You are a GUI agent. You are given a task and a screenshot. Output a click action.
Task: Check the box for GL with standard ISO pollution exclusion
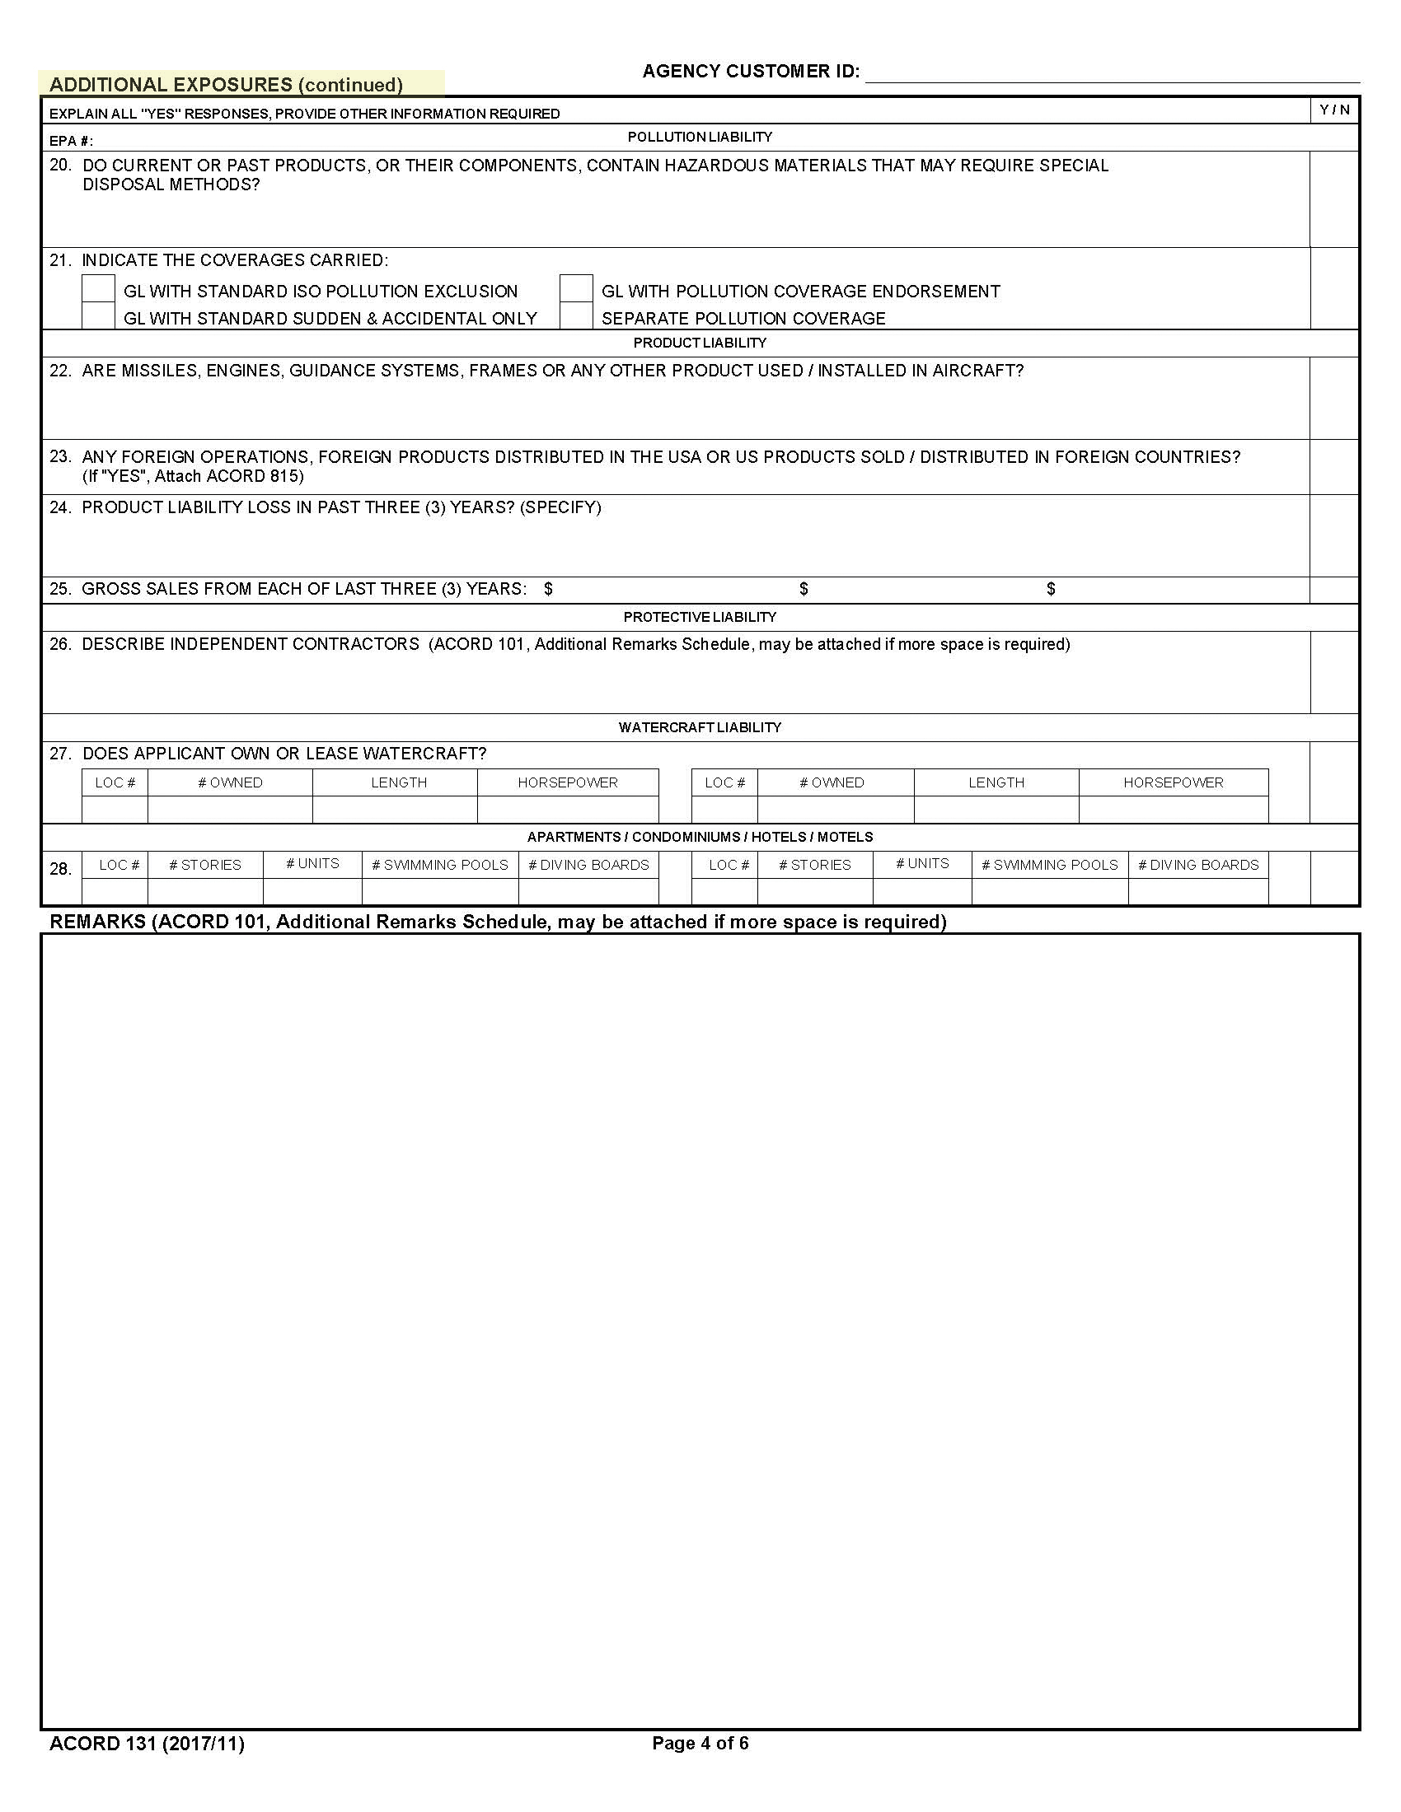coord(98,289)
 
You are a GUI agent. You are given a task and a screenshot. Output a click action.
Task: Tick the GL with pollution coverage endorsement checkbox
coord(576,289)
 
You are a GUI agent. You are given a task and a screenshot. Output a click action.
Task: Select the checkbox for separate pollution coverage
coord(576,316)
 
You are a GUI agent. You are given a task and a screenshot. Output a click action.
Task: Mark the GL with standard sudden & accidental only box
coord(98,316)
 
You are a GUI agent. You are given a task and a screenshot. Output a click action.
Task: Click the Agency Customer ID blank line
coord(1113,73)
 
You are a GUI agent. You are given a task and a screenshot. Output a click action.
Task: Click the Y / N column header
coord(1334,110)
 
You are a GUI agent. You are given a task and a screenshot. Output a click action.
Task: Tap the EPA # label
coord(72,141)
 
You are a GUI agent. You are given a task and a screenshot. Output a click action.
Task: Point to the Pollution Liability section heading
coord(700,137)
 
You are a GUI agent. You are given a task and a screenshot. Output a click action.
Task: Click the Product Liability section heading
coord(700,343)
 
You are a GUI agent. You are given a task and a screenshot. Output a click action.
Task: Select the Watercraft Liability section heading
coord(700,727)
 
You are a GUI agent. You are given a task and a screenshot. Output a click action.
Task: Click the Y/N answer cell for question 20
coord(1334,199)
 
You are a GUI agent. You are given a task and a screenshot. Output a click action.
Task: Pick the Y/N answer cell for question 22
coord(1334,399)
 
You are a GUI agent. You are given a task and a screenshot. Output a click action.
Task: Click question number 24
coord(60,507)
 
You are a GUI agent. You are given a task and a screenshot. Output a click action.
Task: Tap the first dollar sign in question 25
coord(549,589)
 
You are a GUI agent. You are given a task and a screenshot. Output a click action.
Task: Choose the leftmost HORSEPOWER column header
coord(568,782)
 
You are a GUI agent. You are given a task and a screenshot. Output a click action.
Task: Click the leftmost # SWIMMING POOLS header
coord(440,865)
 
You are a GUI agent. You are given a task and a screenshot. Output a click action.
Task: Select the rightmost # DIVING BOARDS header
coord(1198,865)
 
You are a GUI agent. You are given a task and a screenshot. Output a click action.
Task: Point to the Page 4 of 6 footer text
coord(700,1743)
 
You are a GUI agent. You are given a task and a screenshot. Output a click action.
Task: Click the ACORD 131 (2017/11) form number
coord(147,1743)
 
